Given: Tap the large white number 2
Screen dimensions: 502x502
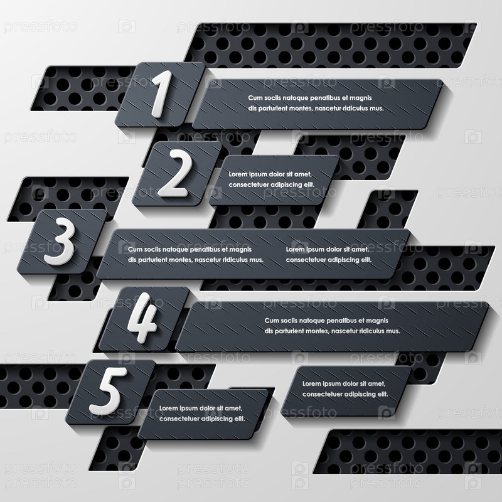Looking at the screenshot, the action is pos(175,173).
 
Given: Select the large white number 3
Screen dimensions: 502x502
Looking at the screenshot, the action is pos(60,241).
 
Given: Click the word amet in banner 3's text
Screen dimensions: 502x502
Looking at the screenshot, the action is pos(361,249).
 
